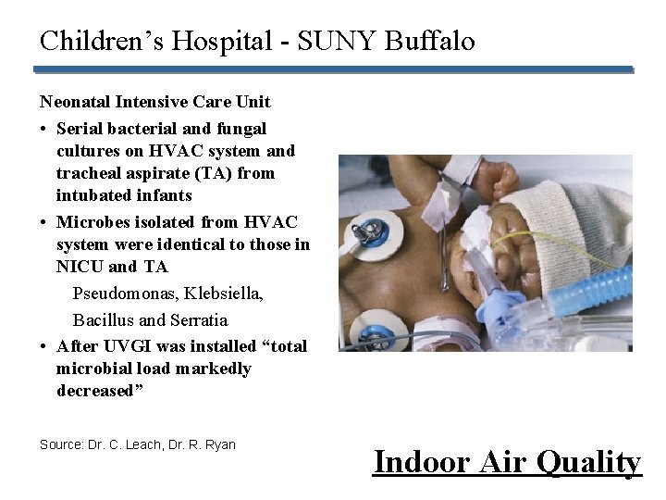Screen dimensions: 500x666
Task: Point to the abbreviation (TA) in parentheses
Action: point(214,173)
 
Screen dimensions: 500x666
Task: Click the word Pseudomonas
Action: point(125,294)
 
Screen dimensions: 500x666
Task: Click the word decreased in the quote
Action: point(95,391)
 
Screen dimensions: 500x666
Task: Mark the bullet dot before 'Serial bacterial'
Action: point(44,129)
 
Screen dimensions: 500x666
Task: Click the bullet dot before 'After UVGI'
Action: point(44,347)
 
